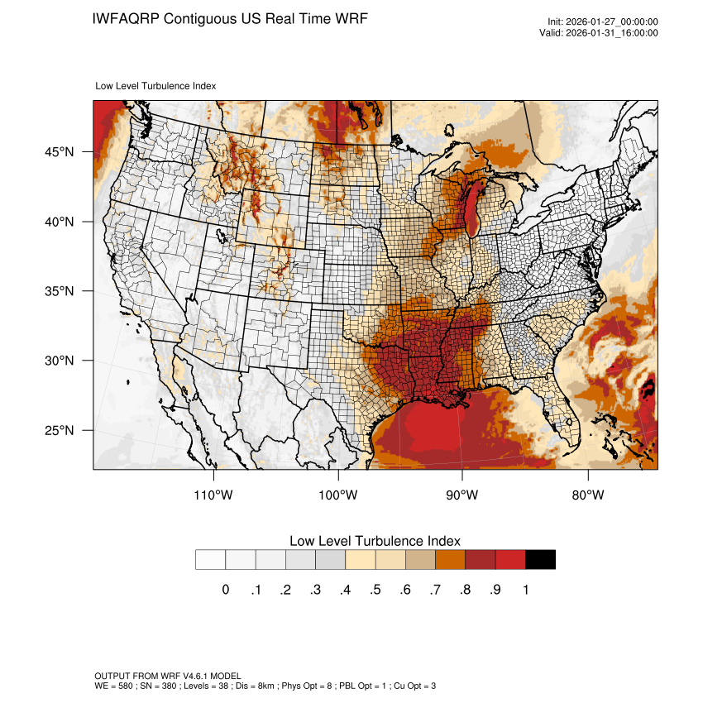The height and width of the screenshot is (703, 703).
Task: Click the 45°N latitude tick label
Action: (x=60, y=152)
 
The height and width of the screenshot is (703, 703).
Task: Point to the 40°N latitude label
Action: (x=60, y=222)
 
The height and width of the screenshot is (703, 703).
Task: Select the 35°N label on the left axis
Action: (x=60, y=291)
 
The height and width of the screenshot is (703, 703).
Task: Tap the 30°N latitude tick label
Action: (x=60, y=361)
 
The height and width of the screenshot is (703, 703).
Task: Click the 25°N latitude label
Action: (x=60, y=430)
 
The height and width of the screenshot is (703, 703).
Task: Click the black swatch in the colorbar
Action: (x=540, y=559)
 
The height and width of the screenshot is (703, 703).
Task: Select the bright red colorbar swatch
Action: (x=510, y=559)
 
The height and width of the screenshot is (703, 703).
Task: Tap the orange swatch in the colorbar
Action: (x=450, y=559)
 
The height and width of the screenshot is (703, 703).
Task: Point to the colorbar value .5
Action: (x=375, y=590)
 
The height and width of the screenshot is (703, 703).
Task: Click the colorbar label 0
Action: (x=226, y=590)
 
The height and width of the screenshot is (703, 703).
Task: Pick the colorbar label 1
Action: (x=525, y=590)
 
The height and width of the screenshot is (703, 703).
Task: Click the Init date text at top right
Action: (x=603, y=22)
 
